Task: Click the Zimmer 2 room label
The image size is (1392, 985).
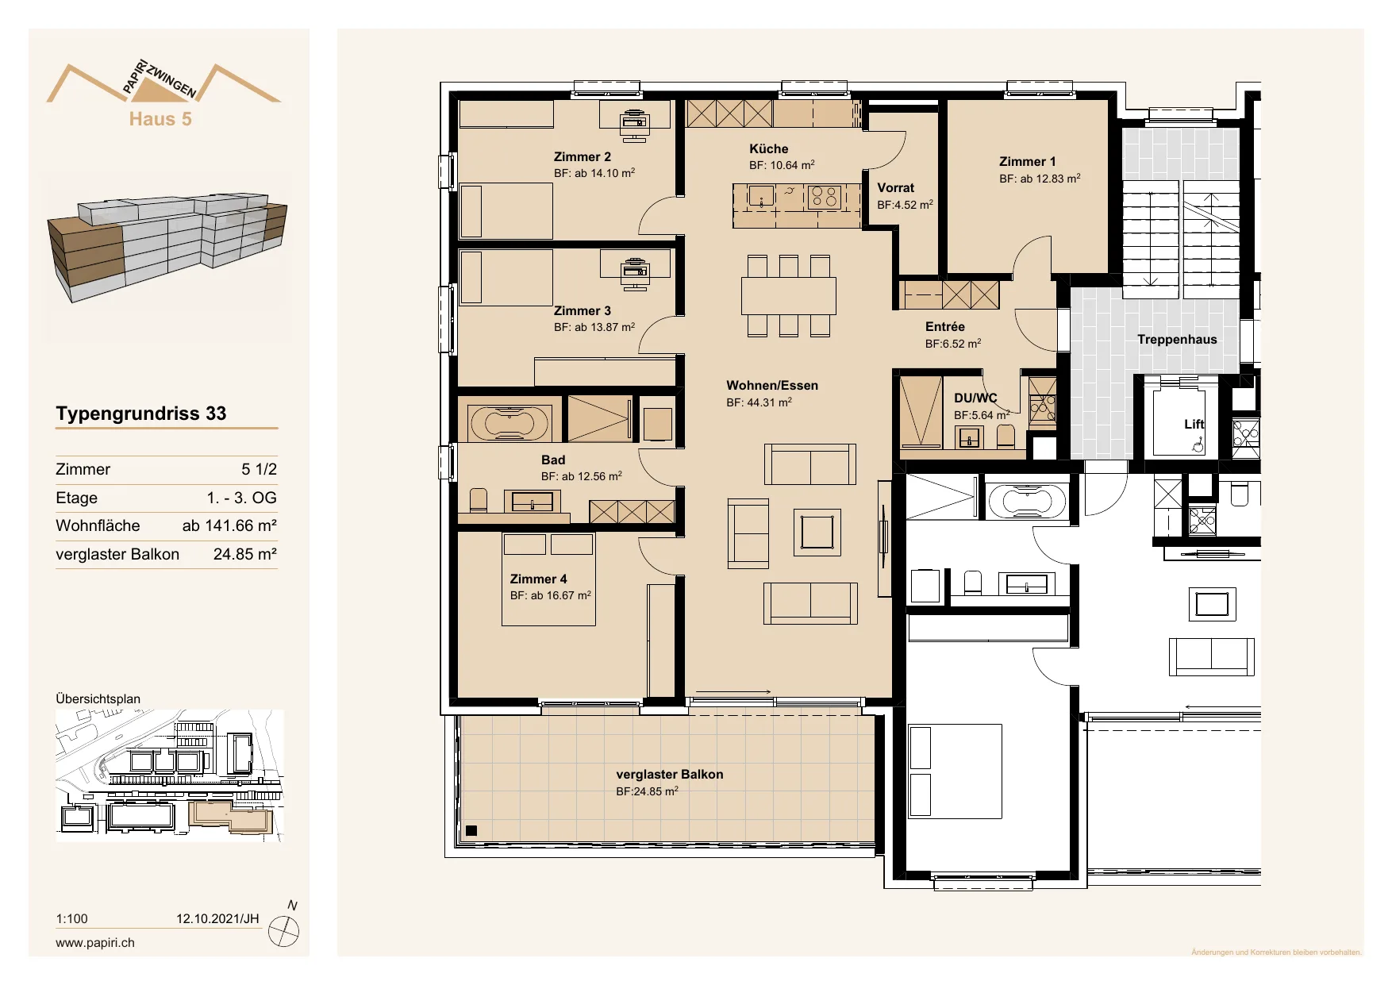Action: [x=583, y=157]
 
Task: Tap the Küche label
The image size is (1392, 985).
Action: [x=768, y=149]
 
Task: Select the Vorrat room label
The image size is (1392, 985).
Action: [x=895, y=188]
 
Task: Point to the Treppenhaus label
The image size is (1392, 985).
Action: [x=1177, y=340]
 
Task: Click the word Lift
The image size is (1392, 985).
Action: [x=1194, y=425]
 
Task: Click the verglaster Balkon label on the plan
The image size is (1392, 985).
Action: [x=669, y=775]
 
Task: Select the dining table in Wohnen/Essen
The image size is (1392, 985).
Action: [x=789, y=296]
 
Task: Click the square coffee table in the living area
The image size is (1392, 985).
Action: [x=817, y=532]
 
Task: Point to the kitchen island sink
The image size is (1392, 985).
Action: [x=761, y=196]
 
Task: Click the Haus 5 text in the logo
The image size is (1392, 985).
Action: [x=160, y=119]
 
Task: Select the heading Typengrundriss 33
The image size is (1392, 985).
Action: [x=141, y=414]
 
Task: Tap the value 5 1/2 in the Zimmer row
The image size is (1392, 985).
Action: [x=260, y=469]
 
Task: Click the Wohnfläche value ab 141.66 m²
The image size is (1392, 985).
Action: [x=229, y=525]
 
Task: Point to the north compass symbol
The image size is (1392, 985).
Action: [x=283, y=931]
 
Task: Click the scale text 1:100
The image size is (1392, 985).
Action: [x=71, y=919]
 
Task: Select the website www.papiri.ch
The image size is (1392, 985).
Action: [x=95, y=943]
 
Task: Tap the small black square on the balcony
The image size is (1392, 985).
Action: [x=471, y=831]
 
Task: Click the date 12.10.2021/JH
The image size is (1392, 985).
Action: [x=217, y=919]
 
